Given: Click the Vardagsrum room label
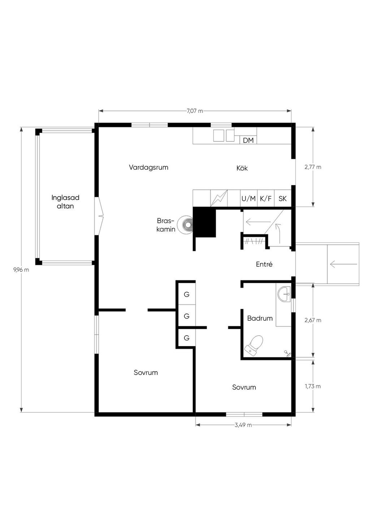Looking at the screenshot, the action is pos(149,167).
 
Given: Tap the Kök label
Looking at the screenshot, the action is pos(242,168).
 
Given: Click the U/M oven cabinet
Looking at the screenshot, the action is pos(249,198).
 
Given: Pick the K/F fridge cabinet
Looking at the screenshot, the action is pos(266,198).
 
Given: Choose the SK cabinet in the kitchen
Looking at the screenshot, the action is pos(283,198).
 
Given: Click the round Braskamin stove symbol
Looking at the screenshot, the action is pos(185,224).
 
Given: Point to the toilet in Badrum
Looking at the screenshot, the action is pos(254,346).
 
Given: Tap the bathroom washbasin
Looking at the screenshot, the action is pos(284,294).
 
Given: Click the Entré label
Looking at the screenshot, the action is pos(264,264).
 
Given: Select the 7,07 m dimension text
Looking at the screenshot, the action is pos(195,111).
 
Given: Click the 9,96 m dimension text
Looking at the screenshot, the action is pos(21,270).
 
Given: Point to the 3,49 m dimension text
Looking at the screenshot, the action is pos(244,425).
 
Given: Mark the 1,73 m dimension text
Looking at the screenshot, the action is pos(313,386).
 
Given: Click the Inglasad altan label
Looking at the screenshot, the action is pos(65,202).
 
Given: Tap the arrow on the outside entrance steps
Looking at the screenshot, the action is pos(344,264).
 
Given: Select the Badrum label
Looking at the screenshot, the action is pos(260,318).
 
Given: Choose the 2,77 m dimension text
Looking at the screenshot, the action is pos(313,167).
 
